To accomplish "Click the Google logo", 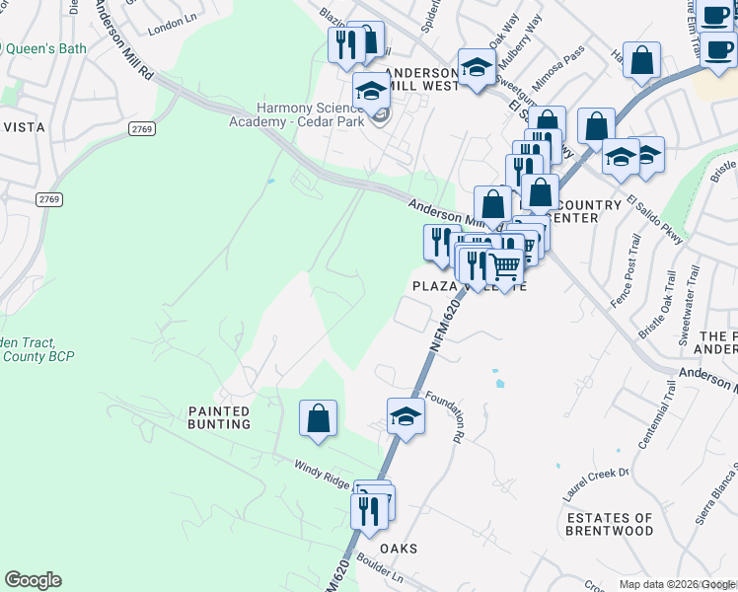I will [x=34, y=580].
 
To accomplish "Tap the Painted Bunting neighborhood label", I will [x=220, y=417].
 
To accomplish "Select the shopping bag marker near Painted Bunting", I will [x=319, y=418].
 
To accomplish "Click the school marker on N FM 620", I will [x=406, y=416].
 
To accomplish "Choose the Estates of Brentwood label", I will [x=609, y=524].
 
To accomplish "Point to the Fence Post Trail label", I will [x=624, y=275].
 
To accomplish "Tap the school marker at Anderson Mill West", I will [x=476, y=69].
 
